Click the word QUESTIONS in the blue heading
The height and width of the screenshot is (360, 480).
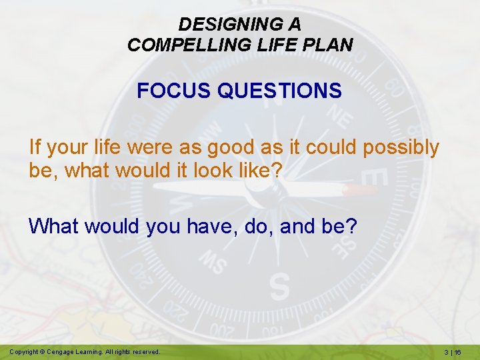[x=279, y=90]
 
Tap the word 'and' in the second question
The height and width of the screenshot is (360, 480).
[x=299, y=227]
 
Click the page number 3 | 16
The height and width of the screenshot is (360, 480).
[x=459, y=352]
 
